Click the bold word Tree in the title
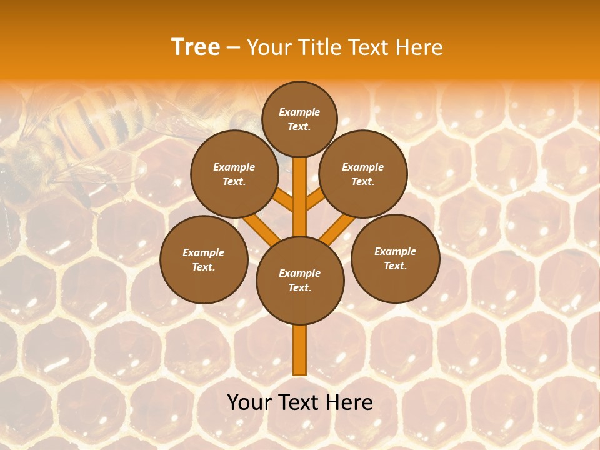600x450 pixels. click(196, 47)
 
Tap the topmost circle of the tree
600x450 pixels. click(299, 119)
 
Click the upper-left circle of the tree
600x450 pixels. click(234, 174)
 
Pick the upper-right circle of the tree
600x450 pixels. click(363, 174)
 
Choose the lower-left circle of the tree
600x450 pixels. click(204, 259)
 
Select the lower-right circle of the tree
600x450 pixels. click(395, 258)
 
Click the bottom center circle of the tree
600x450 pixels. click(300, 281)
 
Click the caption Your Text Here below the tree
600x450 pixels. click(300, 402)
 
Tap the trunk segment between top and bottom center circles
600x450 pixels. click(300, 197)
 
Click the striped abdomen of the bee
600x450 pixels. click(94, 122)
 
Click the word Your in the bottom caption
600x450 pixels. click(249, 402)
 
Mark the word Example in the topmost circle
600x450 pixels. click(299, 112)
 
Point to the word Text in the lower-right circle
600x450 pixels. click(395, 266)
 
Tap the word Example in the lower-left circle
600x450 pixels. click(204, 252)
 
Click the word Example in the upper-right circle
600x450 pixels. click(363, 167)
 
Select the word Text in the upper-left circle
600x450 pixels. click(234, 181)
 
